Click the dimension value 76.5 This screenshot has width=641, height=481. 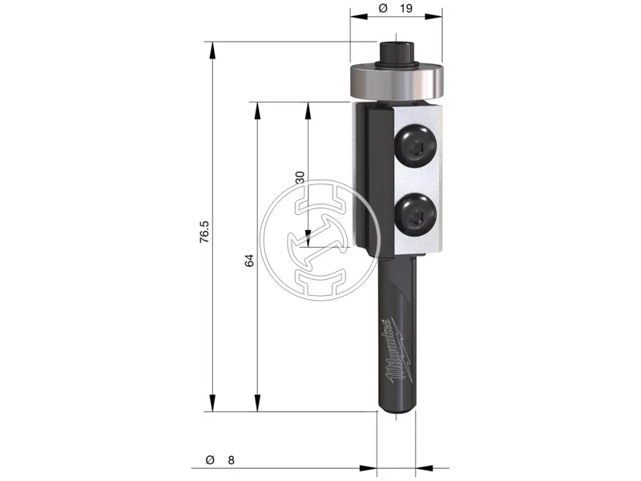pyautogui.click(x=204, y=232)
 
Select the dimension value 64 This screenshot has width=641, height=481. pyautogui.click(x=249, y=261)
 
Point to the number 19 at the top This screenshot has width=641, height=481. pyautogui.click(x=406, y=9)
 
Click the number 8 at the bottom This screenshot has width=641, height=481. pyautogui.click(x=231, y=460)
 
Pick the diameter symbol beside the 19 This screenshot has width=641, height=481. pyautogui.click(x=383, y=8)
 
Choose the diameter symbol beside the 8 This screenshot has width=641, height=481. pyautogui.click(x=210, y=460)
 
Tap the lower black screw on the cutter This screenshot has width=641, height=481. pyautogui.click(x=415, y=214)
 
